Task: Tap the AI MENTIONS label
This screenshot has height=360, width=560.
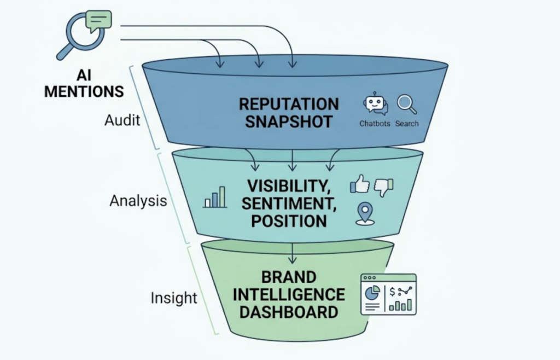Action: coord(84,83)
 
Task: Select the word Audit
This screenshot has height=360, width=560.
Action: coord(122,120)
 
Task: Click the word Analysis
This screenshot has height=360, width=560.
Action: coord(138,201)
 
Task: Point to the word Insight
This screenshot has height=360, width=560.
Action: coord(173,298)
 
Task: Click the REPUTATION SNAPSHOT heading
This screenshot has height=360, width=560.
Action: coord(289,112)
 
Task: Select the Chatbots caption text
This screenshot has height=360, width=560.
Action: coord(375,124)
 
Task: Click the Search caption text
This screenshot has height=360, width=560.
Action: coord(407,124)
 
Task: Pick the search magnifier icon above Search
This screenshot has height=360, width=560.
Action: coord(406,104)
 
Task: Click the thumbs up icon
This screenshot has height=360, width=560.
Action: coord(359,184)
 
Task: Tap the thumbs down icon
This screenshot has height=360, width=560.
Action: coord(383,187)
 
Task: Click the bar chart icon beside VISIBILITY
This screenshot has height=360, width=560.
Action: coord(214,198)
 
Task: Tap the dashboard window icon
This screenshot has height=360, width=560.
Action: coord(388,294)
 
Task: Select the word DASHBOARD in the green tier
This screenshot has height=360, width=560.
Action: coord(289,312)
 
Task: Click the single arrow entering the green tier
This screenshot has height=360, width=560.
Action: coord(293,252)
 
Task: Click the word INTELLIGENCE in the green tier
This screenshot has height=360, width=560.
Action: coord(289,295)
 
